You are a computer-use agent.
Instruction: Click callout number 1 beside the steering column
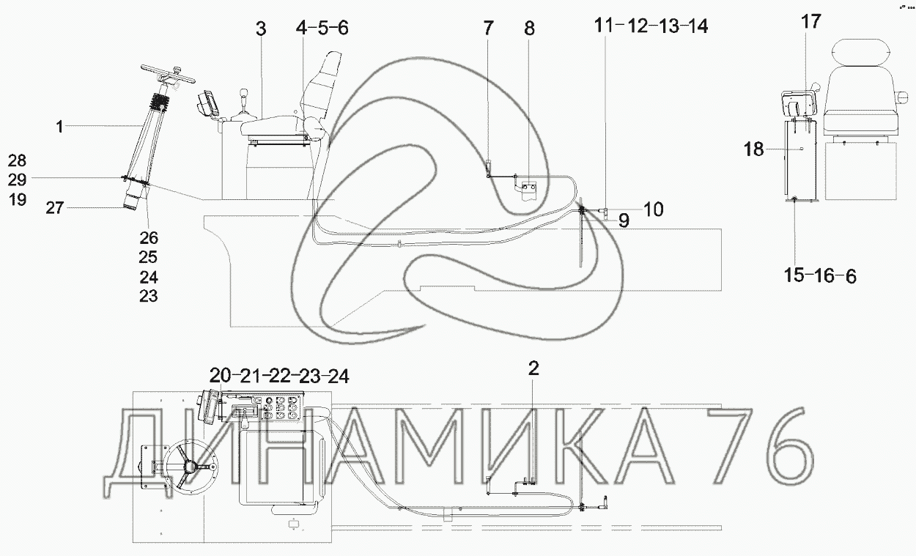pos(59,127)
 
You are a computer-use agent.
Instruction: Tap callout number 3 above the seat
pos(261,29)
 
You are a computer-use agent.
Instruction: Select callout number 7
pos(488,29)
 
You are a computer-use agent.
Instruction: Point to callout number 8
pos(529,29)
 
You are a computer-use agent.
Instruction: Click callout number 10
pos(654,210)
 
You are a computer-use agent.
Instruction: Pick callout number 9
pos(624,220)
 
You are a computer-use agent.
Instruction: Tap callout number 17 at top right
pos(811,22)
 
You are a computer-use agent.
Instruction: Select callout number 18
pos(753,149)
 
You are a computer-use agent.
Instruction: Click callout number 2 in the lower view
pos(533,368)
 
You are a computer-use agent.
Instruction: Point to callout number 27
pos(55,208)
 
